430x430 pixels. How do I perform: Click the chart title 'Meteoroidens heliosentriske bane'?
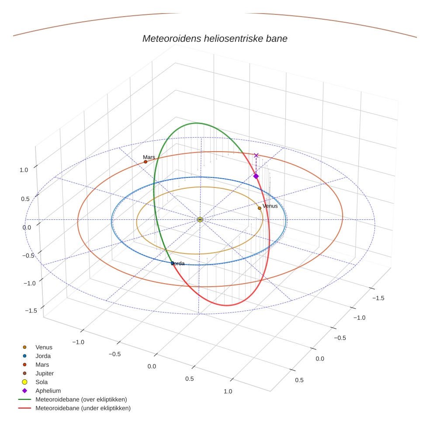tap(215, 38)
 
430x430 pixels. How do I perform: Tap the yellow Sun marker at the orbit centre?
tap(200, 219)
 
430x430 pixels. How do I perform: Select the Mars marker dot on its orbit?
tap(146, 162)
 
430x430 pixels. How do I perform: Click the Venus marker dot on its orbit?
tap(260, 208)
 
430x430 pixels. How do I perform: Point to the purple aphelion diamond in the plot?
tap(256, 176)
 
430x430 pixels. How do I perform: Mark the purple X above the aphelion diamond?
tap(256, 155)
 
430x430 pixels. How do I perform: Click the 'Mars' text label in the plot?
tap(149, 157)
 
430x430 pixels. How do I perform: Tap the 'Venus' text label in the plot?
tap(270, 206)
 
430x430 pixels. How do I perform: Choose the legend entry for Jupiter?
tap(45, 373)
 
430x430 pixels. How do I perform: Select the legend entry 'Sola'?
tap(42, 382)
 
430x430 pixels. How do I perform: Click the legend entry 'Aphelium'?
tap(48, 391)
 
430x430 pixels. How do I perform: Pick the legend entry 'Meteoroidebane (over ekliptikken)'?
tap(81, 399)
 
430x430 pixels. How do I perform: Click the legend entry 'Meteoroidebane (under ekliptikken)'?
tap(83, 408)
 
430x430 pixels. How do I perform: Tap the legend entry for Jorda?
tap(43, 356)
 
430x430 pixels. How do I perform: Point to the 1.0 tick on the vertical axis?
tap(24, 170)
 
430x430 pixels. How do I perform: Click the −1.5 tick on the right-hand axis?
tap(378, 298)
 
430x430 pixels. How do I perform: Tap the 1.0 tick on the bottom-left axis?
tap(228, 391)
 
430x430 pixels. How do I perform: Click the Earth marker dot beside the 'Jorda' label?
tap(172, 263)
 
